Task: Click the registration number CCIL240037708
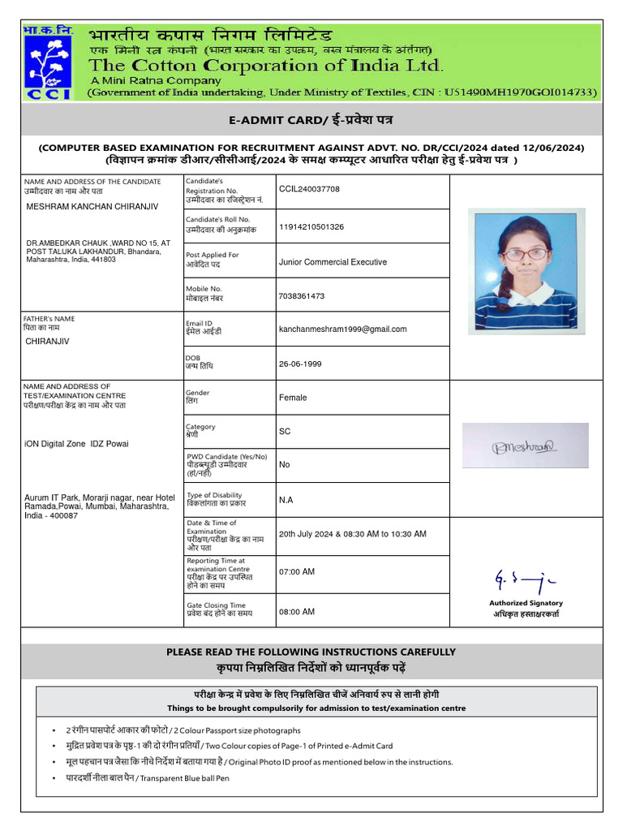(309, 189)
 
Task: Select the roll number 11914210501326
(311, 226)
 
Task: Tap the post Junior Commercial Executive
(333, 262)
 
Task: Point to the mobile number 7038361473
(302, 296)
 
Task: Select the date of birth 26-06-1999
(300, 364)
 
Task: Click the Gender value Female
(293, 398)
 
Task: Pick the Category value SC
(285, 432)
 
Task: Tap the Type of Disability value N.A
(286, 500)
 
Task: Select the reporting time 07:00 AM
(297, 572)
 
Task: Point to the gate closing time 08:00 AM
(297, 611)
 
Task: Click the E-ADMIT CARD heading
(311, 121)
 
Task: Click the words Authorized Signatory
(526, 603)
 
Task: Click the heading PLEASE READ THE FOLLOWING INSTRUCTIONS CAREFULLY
(311, 652)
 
